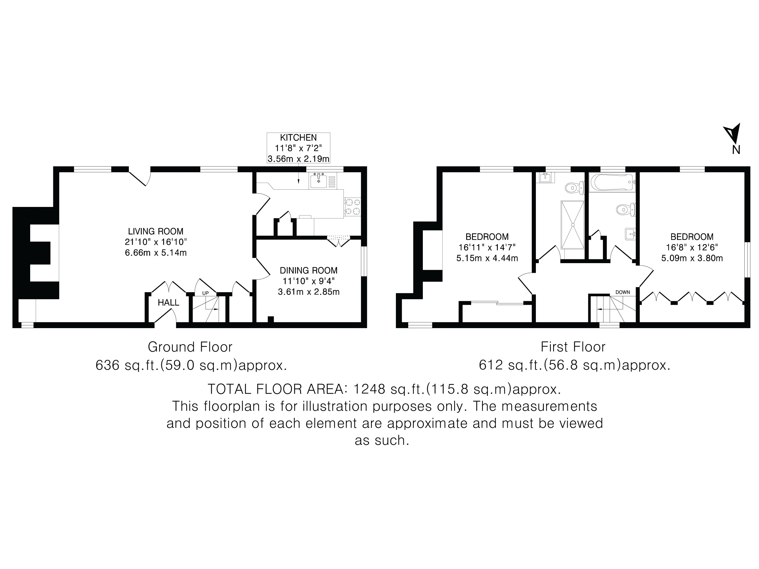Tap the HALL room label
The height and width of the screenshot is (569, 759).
click(x=168, y=303)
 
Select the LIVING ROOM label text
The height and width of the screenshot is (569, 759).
click(x=156, y=232)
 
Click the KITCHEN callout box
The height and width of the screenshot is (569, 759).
click(x=298, y=148)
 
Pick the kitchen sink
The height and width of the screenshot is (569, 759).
click(x=318, y=181)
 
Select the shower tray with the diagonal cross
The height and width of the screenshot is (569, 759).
click(x=572, y=225)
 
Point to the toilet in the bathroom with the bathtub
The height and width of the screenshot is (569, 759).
click(x=625, y=209)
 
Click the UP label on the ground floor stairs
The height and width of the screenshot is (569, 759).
click(x=205, y=293)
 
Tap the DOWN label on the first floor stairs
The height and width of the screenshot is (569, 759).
click(x=623, y=292)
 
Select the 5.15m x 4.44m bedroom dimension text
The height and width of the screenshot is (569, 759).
click(x=487, y=258)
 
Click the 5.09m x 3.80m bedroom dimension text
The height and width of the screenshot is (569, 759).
click(x=692, y=258)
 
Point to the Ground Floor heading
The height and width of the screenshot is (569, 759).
click(x=190, y=347)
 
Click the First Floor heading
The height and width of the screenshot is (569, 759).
click(x=573, y=347)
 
